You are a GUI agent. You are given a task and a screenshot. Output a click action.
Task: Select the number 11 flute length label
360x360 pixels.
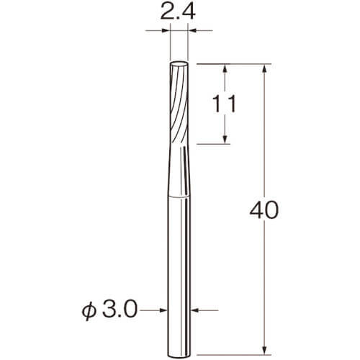225,104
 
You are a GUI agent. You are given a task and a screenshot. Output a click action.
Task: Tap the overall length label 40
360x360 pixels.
264,210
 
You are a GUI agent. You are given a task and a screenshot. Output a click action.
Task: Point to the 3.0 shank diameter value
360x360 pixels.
120,310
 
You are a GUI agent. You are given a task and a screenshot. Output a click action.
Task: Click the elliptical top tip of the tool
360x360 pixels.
179,65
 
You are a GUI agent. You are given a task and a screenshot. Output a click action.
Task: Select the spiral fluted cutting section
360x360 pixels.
179,103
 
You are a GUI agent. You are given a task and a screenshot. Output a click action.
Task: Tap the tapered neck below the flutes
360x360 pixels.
179,171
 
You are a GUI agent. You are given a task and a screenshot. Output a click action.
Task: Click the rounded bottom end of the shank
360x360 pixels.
179,356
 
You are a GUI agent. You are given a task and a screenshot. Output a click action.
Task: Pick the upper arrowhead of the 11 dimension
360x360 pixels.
225,68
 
